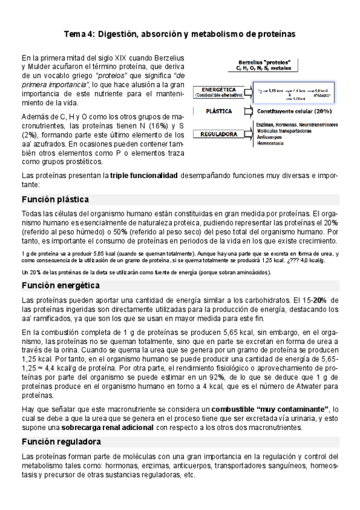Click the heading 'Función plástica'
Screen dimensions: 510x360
click(x=55, y=199)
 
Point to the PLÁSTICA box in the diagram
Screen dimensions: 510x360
click(x=219, y=112)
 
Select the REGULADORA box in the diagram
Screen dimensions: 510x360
click(x=219, y=135)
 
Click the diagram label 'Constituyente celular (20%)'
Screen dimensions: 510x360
click(x=293, y=112)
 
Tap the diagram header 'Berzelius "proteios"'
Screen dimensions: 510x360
click(x=264, y=63)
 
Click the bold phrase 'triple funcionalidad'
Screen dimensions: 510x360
click(x=144, y=176)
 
